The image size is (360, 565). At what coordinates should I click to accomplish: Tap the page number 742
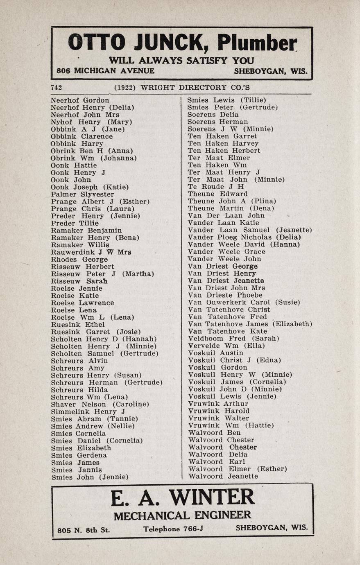(x=56, y=87)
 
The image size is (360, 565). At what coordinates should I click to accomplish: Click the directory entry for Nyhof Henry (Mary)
(x=91, y=122)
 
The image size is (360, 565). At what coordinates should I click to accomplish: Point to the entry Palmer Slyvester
(x=82, y=194)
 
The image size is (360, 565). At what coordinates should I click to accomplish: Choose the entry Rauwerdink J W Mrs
(x=91, y=252)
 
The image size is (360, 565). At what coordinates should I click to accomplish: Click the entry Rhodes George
(x=79, y=260)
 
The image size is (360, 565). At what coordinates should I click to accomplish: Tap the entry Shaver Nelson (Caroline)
(x=100, y=404)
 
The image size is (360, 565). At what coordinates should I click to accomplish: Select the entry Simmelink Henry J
(x=88, y=411)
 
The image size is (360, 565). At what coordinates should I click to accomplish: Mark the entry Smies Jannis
(x=77, y=470)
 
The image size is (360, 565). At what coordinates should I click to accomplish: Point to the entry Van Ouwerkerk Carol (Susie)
(x=244, y=302)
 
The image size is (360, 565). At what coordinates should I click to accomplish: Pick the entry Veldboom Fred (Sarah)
(x=233, y=339)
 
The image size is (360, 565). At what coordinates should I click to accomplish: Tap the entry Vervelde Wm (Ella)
(x=226, y=346)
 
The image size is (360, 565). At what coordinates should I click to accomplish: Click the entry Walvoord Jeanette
(x=223, y=476)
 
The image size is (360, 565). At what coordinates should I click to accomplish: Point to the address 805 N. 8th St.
(x=84, y=530)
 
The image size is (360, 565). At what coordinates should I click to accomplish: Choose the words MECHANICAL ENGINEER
(x=182, y=515)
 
